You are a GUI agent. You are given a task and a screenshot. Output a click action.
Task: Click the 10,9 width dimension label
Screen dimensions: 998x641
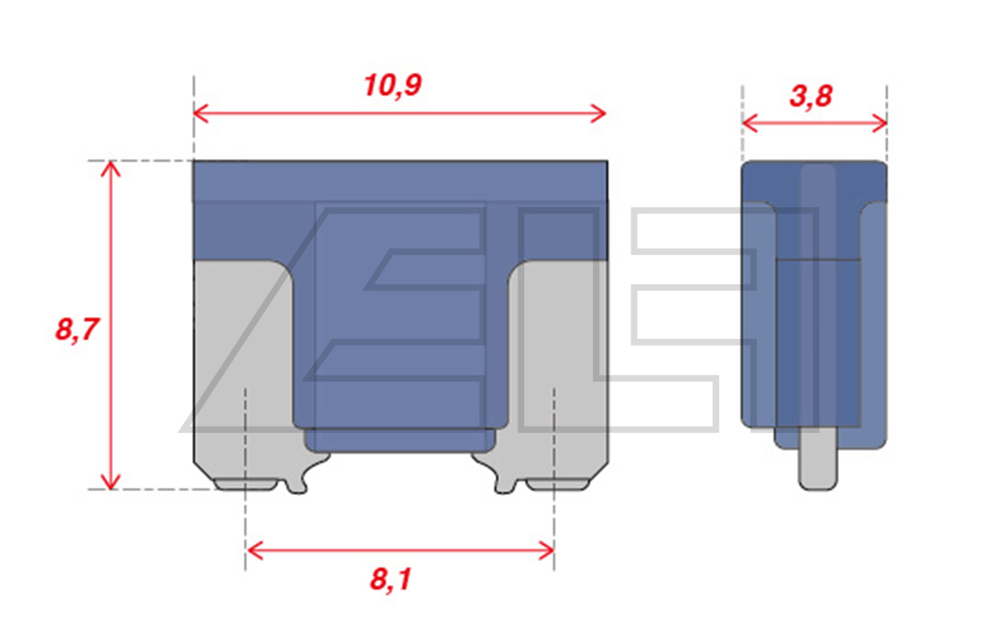[x=392, y=86]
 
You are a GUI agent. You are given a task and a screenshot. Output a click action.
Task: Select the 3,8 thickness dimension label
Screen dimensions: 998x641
[x=811, y=96]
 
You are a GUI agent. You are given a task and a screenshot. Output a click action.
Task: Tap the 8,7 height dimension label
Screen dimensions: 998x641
[x=77, y=330]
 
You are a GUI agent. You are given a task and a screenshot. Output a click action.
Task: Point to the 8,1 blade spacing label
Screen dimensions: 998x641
[x=390, y=579]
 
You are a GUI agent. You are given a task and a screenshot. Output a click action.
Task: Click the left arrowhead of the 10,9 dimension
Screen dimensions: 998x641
[x=201, y=114]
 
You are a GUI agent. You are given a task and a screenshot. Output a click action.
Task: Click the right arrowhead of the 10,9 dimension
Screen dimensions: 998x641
[x=598, y=114]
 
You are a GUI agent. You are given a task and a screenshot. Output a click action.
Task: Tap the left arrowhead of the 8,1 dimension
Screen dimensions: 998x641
[x=254, y=550]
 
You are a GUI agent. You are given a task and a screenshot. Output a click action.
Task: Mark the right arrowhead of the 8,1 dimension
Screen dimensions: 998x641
[x=546, y=550]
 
